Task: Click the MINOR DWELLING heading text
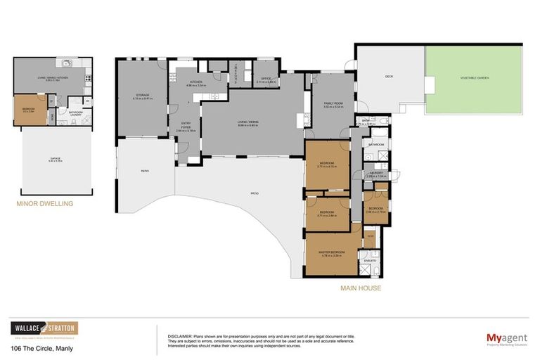pyautogui.click(x=44, y=203)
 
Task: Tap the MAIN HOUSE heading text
pyautogui.click(x=361, y=287)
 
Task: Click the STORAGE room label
pyautogui.click(x=143, y=96)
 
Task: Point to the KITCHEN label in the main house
pyautogui.click(x=186, y=83)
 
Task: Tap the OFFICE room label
pyautogui.click(x=266, y=79)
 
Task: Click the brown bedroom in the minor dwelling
pyautogui.click(x=28, y=110)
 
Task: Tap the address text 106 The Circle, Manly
pyautogui.click(x=41, y=347)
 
